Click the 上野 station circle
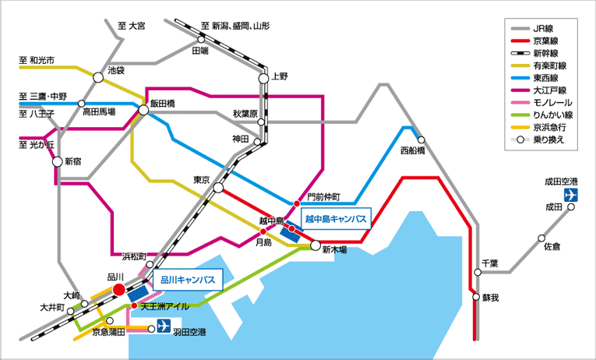[264, 79]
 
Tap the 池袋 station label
[116, 70]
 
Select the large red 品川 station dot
[119, 290]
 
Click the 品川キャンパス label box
[188, 280]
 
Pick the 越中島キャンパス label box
[336, 219]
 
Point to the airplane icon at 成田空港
[571, 195]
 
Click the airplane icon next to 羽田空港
[164, 326]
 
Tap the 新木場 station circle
[316, 245]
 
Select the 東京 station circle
[218, 188]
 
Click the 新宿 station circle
[58, 161]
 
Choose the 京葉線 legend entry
[535, 41]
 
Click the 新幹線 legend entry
[535, 53]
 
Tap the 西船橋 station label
[413, 151]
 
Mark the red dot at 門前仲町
[297, 203]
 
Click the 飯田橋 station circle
[143, 110]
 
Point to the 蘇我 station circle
[476, 297]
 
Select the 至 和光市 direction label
[37, 60]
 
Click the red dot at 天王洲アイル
[134, 305]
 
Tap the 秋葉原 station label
[245, 114]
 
